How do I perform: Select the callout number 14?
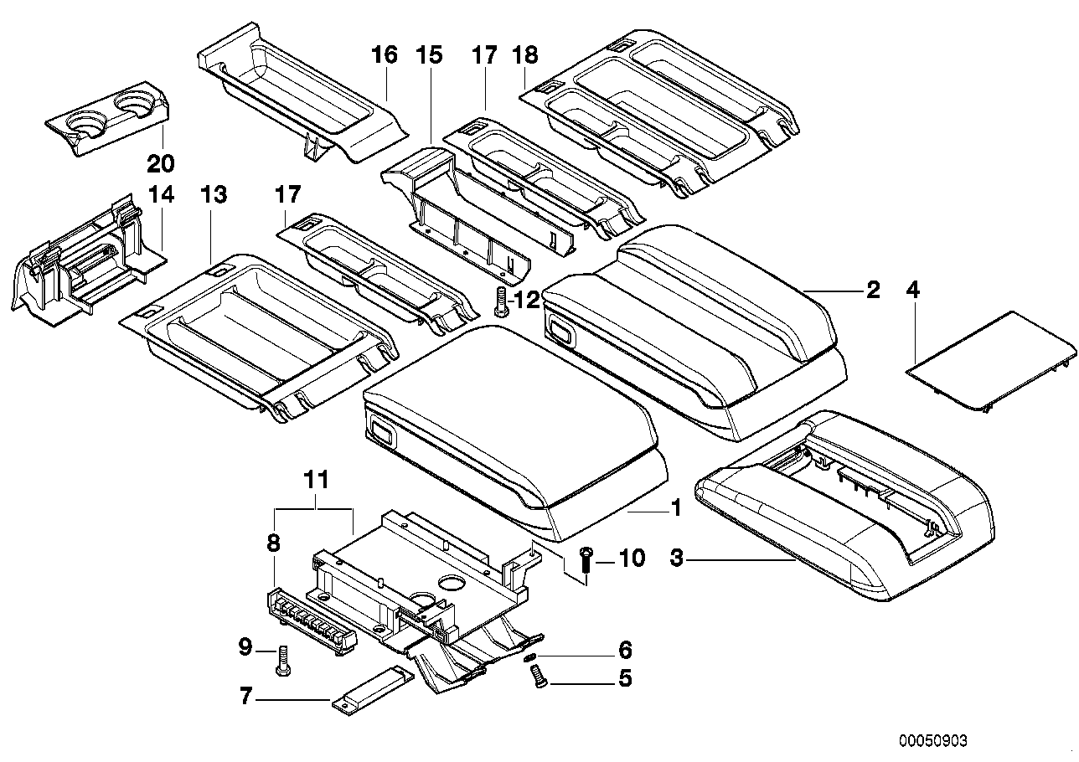[160, 196]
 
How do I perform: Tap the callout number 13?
[214, 196]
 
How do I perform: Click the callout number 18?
[525, 56]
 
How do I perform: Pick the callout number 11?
[317, 481]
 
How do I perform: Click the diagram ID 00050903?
[933, 741]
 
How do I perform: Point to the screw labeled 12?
[501, 301]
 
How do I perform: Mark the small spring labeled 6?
[530, 658]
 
